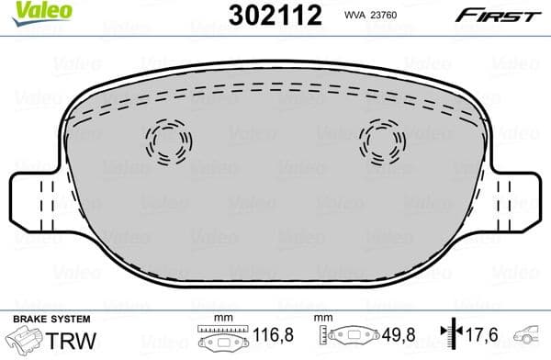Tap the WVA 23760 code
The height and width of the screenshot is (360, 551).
tap(370, 15)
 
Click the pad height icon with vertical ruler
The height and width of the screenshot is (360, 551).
tap(346, 338)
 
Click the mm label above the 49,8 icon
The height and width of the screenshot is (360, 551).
tap(321, 318)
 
